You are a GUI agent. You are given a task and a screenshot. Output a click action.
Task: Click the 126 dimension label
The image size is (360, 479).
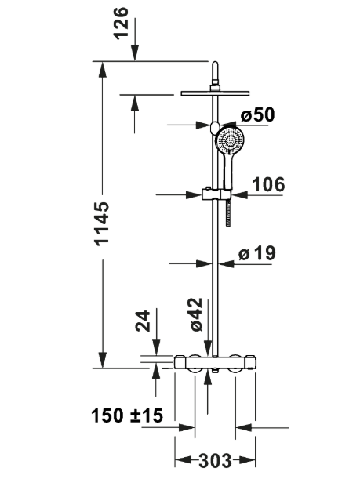(x=121, y=23)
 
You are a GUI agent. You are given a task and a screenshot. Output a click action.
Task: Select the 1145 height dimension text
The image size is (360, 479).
(x=102, y=223)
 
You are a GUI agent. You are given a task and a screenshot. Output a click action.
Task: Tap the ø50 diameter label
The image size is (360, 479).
(x=257, y=115)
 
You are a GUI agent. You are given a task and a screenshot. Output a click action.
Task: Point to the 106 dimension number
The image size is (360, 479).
(x=268, y=184)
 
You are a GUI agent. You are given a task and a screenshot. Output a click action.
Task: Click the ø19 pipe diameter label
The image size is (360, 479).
(x=256, y=253)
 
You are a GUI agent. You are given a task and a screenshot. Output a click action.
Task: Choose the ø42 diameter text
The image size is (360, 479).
(x=196, y=314)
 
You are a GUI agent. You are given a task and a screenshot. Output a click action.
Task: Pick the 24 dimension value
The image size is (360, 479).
(x=143, y=321)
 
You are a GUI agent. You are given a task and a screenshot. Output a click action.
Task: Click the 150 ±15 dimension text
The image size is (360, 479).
(x=127, y=415)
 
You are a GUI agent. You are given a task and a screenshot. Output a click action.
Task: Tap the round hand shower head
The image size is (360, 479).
(x=230, y=141)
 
